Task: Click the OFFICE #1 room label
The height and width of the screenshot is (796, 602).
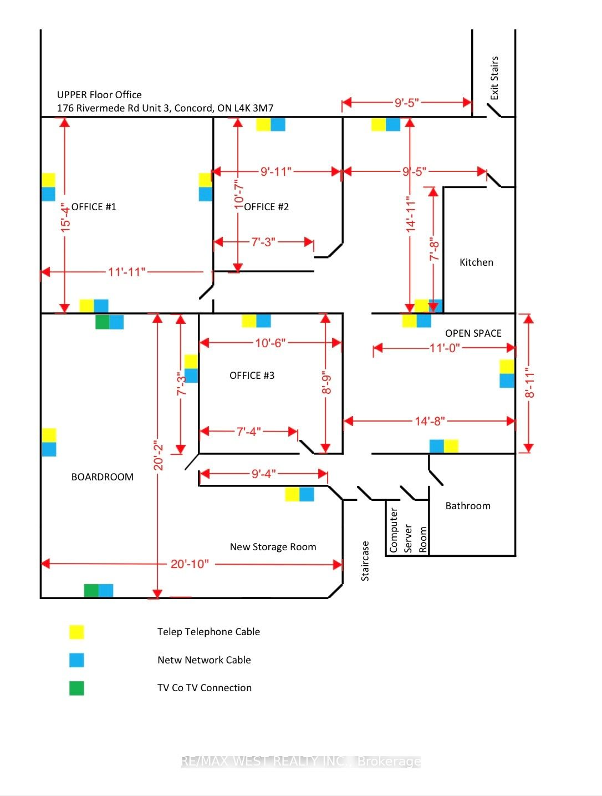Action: (x=94, y=207)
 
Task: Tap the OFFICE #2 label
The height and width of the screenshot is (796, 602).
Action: (x=267, y=207)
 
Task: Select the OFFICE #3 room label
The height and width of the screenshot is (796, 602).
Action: (x=252, y=376)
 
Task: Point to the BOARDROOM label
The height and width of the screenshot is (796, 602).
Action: (x=103, y=477)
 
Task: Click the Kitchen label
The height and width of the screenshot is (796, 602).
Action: (x=476, y=262)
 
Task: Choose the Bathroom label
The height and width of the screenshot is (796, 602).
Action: (x=468, y=506)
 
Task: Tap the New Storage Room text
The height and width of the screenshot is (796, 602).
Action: (x=273, y=547)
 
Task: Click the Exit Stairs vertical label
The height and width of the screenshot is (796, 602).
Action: (x=494, y=78)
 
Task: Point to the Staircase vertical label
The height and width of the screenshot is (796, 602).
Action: (x=365, y=561)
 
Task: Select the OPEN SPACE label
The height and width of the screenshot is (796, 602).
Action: (x=473, y=333)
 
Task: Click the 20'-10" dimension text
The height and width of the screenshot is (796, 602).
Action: (x=190, y=564)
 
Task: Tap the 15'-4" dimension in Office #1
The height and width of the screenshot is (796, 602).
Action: (x=65, y=217)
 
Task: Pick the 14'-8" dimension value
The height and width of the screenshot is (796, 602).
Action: (x=430, y=421)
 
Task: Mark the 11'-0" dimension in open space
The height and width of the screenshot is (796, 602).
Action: (x=445, y=348)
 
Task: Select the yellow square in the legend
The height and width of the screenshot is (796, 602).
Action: (x=77, y=632)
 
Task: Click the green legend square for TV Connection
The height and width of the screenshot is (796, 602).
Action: (x=77, y=688)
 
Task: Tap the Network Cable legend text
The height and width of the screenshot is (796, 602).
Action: (x=204, y=660)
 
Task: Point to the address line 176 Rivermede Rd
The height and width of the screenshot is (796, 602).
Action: (x=165, y=108)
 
